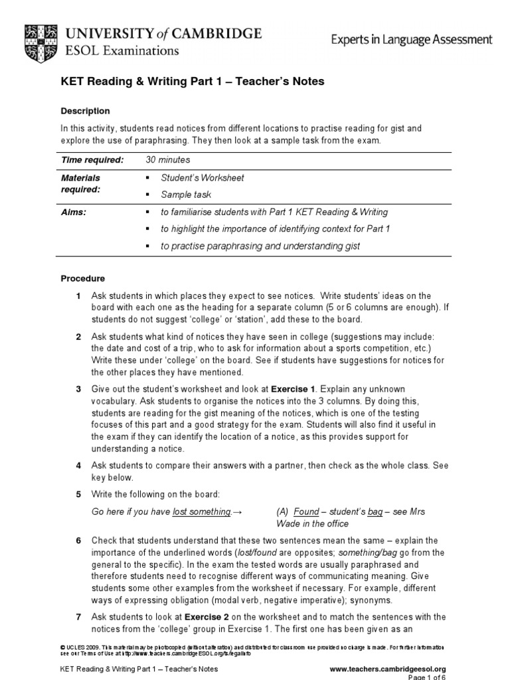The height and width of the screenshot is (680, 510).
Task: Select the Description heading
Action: click(85, 111)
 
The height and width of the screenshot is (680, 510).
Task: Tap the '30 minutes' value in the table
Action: click(167, 160)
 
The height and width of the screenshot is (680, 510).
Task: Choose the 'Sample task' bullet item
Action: click(186, 195)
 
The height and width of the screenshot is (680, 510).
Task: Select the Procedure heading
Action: click(83, 278)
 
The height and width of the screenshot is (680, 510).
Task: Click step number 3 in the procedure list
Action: click(78, 388)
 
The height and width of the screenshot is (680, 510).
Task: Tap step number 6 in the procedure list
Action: click(78, 541)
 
